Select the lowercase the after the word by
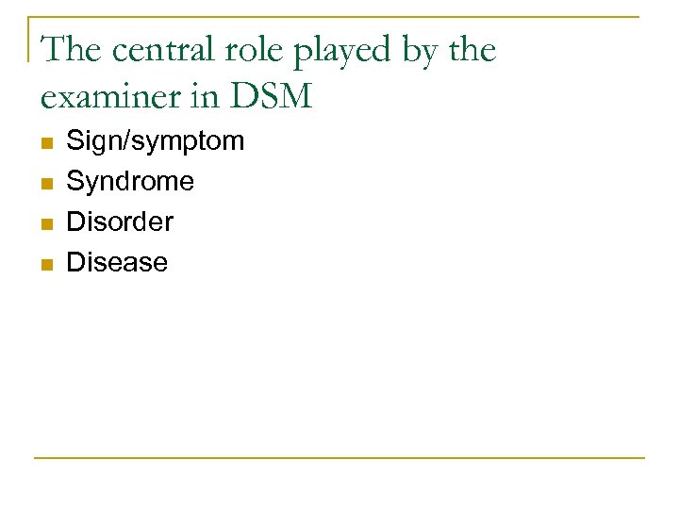pos(472,50)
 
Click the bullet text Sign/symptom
pos(155,141)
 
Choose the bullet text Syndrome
pos(130,181)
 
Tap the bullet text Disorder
pos(120,222)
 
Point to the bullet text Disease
pos(117,262)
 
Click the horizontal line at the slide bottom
pos(339,458)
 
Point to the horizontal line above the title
pos(339,17)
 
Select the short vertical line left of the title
pos(29,38)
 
